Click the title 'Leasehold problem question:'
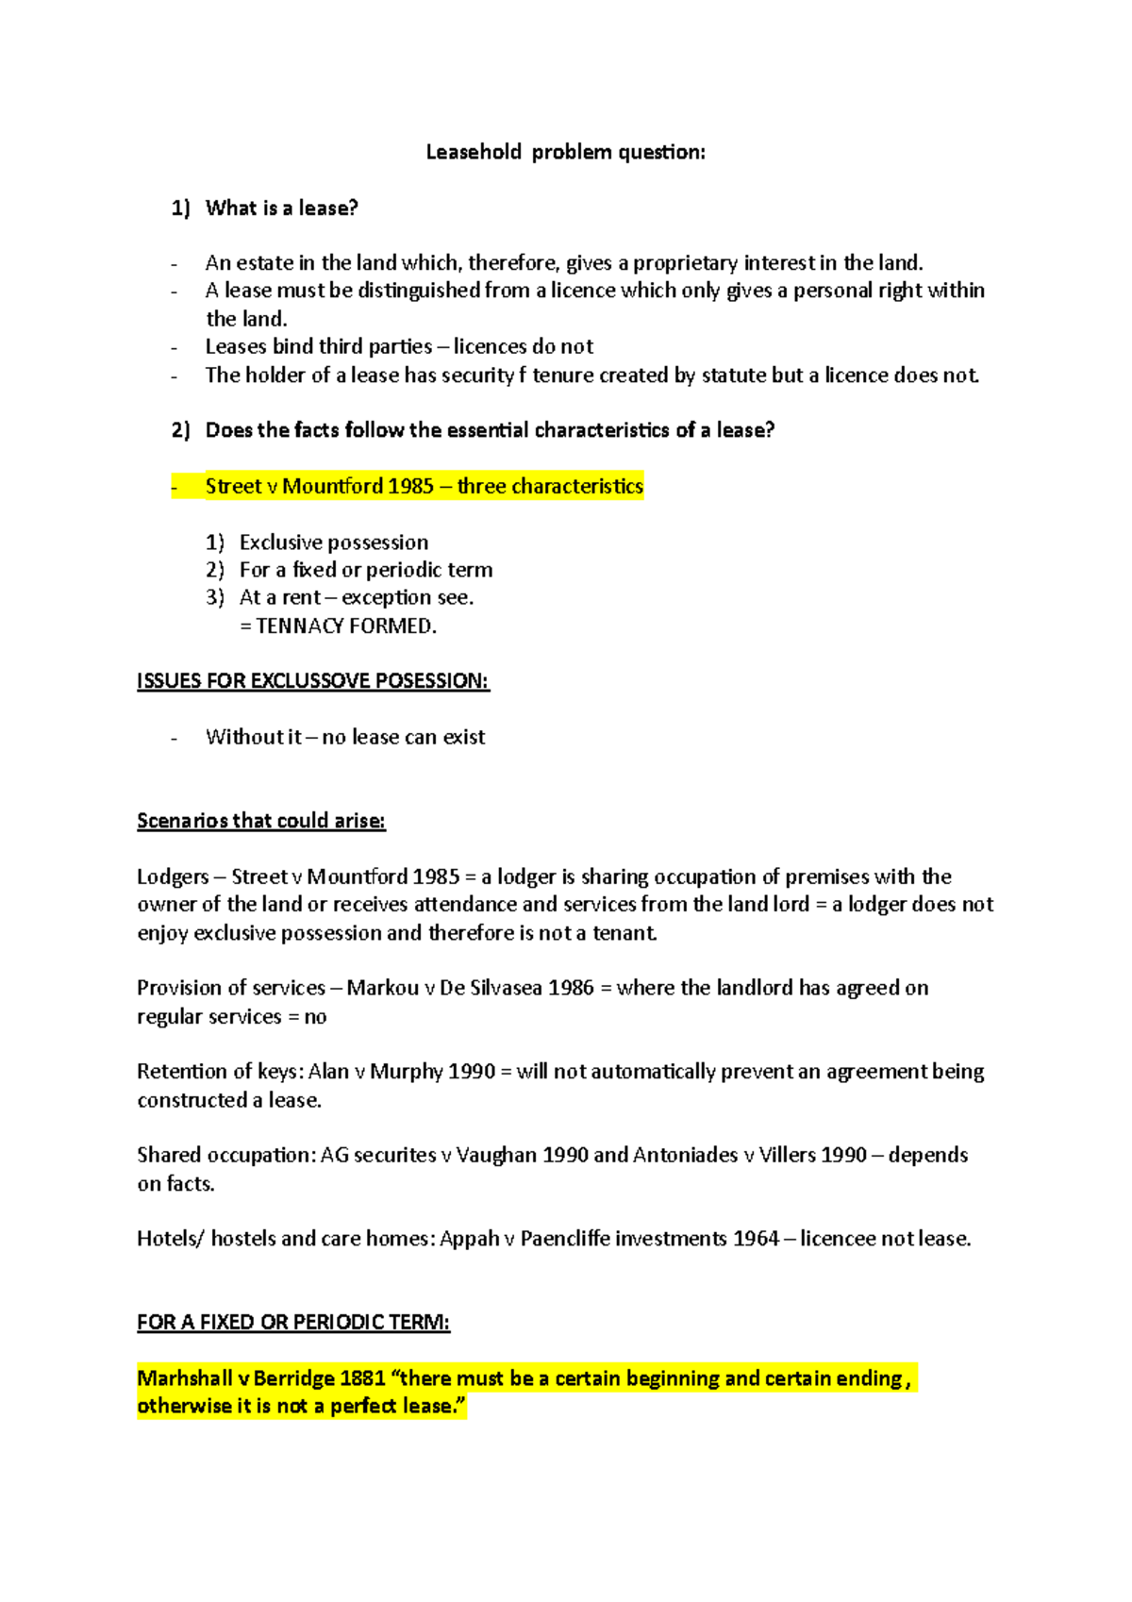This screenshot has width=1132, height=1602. pyautogui.click(x=565, y=152)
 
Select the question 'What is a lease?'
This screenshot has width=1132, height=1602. pyautogui.click(x=281, y=208)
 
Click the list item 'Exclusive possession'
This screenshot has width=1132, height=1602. pyautogui.click(x=333, y=542)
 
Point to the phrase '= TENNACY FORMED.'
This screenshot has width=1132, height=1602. pyautogui.click(x=338, y=626)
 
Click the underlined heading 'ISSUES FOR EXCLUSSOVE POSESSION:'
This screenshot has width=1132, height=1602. pyautogui.click(x=313, y=680)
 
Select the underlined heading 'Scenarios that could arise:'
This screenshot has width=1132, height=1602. pyautogui.click(x=261, y=820)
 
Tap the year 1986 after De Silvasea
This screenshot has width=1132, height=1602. pyautogui.click(x=571, y=988)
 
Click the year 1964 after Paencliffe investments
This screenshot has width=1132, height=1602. pyautogui.click(x=756, y=1238)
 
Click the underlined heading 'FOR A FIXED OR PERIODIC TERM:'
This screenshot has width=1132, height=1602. pyautogui.click(x=293, y=1322)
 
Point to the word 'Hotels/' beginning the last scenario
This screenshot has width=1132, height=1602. pyautogui.click(x=170, y=1238)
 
